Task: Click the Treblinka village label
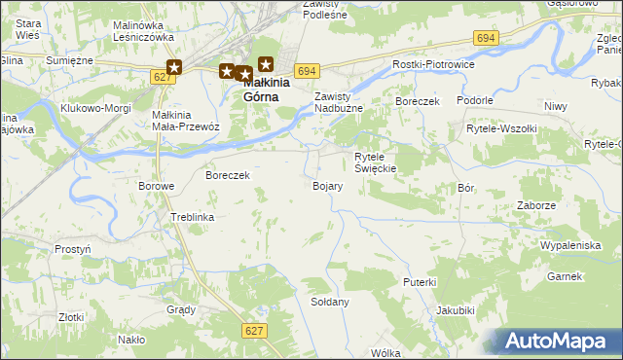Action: click(x=192, y=217)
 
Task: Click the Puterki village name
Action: click(x=420, y=281)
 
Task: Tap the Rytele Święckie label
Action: click(x=375, y=162)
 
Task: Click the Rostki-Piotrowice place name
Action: click(x=432, y=64)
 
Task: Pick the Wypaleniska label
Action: click(x=570, y=245)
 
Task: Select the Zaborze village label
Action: click(x=537, y=205)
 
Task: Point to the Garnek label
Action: click(x=565, y=276)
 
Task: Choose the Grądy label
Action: click(x=181, y=309)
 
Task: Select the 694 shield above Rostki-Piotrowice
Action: click(x=487, y=37)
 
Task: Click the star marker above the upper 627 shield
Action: click(x=174, y=67)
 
